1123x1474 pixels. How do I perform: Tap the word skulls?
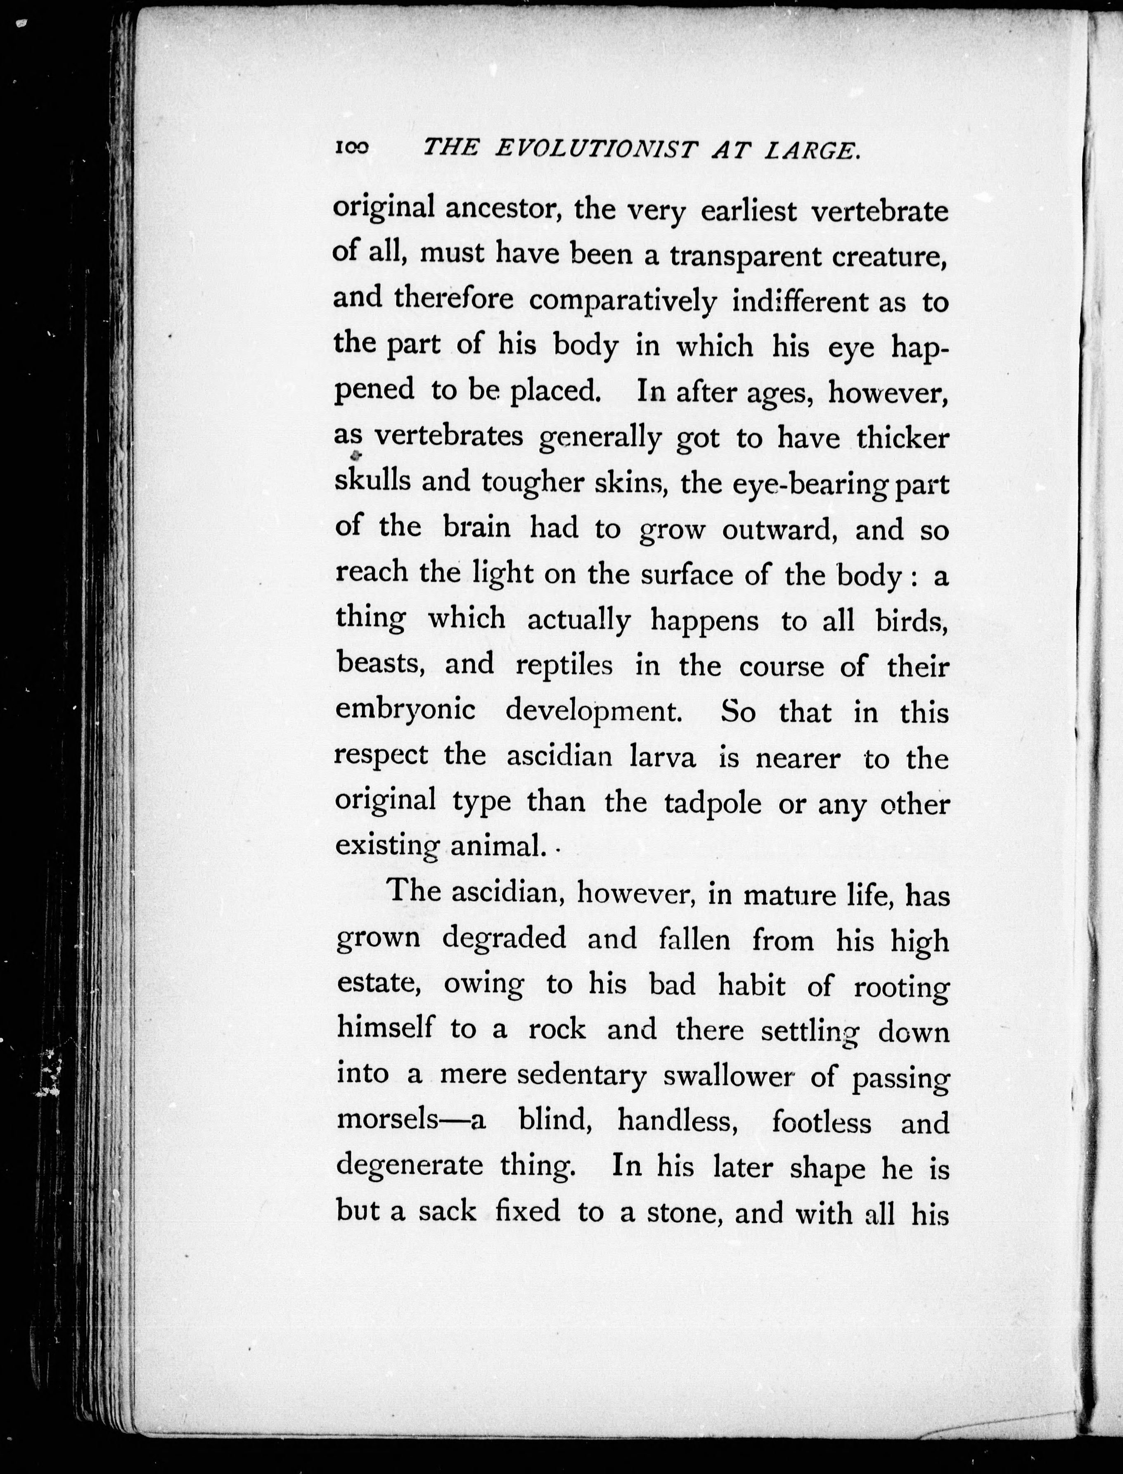[373, 482]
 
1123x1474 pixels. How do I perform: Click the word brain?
[476, 528]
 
